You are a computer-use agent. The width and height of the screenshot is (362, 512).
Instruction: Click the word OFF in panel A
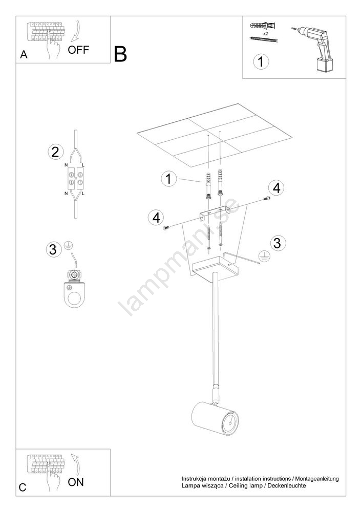click(x=78, y=50)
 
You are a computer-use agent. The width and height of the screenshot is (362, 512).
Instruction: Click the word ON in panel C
click(x=76, y=482)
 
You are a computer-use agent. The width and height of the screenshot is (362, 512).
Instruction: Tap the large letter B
click(x=120, y=54)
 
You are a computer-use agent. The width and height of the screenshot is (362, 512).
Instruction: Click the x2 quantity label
click(x=265, y=33)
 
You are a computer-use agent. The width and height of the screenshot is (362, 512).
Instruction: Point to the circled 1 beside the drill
click(x=261, y=62)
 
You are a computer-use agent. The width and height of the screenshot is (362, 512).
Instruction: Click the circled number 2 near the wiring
click(x=55, y=152)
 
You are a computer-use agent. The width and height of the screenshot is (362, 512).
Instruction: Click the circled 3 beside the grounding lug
click(x=53, y=249)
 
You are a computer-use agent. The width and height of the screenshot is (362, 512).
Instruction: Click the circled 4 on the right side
click(x=276, y=188)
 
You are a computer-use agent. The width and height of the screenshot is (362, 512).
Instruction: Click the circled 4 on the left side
click(x=156, y=218)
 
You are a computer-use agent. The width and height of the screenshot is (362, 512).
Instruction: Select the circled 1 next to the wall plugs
click(x=168, y=179)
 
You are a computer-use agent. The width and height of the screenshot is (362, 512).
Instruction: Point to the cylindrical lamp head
click(x=215, y=419)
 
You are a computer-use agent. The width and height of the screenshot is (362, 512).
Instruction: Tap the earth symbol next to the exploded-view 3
click(x=264, y=257)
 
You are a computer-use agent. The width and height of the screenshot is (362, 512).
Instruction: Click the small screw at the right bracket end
click(x=267, y=198)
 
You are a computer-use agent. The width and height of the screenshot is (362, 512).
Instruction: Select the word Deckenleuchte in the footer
click(x=287, y=485)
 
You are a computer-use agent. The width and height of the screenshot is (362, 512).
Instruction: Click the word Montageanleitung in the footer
click(x=317, y=479)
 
